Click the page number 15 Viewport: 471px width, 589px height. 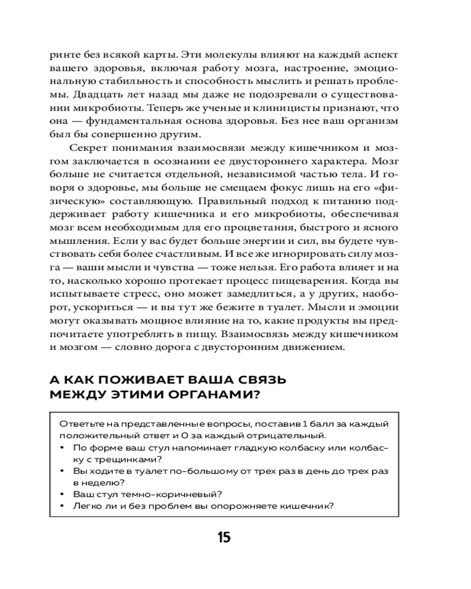click(x=224, y=538)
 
